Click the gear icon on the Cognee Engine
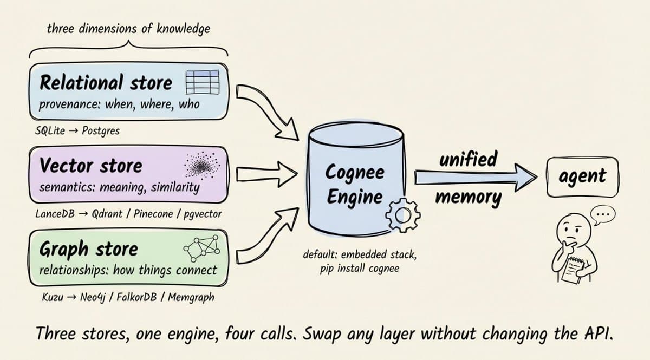point(402,215)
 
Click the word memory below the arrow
point(468,197)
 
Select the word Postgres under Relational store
point(101,130)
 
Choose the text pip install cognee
point(359,267)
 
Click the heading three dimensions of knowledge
point(128,29)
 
